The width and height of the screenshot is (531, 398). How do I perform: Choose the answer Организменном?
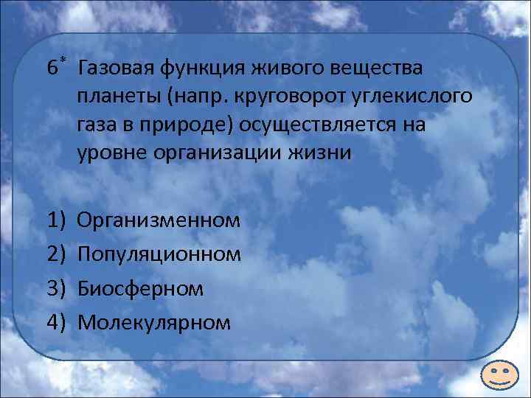point(159,220)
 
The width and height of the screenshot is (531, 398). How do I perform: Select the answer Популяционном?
point(159,254)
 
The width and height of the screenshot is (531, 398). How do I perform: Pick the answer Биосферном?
point(140,287)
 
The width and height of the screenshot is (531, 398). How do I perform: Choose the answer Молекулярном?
point(154,321)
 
